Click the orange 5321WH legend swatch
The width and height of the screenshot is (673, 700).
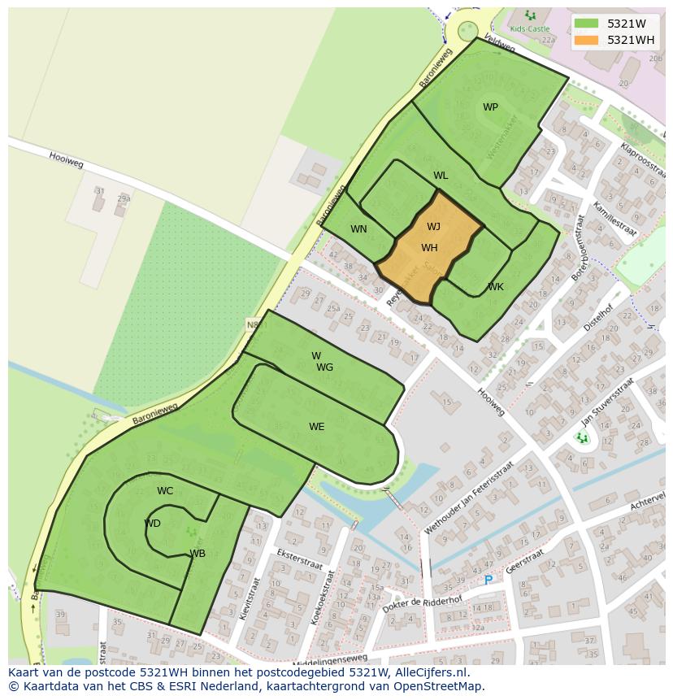[x=586, y=40]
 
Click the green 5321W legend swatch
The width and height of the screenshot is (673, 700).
[x=586, y=23]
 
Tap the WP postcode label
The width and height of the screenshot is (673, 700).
[x=490, y=107]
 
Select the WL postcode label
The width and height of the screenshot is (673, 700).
[x=441, y=176]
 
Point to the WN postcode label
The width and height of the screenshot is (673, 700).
[x=358, y=229]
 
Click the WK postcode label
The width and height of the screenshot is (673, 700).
[x=496, y=287]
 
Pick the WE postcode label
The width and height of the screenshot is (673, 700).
[x=316, y=427]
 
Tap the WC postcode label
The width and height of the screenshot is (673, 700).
[x=165, y=491]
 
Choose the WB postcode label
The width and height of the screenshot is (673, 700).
[x=198, y=554]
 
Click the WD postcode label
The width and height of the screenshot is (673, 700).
[x=152, y=524]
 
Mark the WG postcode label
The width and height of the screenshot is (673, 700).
[x=324, y=367]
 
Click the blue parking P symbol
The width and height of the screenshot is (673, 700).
[x=488, y=580]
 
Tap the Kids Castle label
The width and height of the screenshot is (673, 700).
[x=529, y=28]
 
